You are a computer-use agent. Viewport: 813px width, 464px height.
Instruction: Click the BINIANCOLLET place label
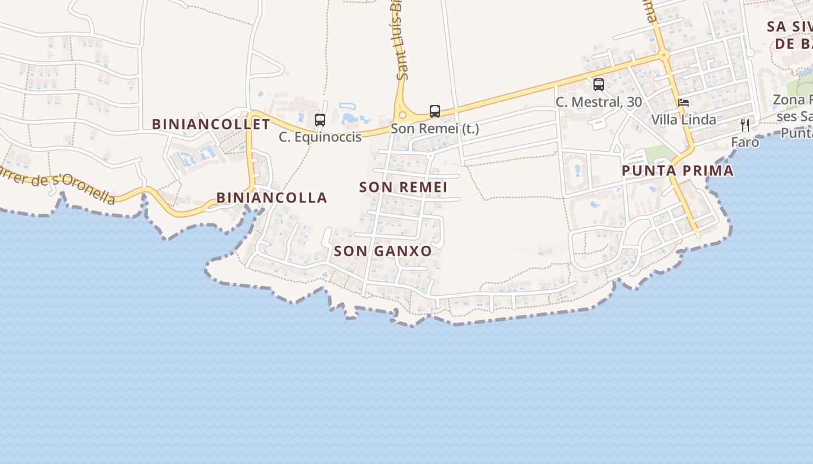click(211, 124)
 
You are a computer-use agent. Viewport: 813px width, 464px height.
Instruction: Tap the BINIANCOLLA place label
click(272, 198)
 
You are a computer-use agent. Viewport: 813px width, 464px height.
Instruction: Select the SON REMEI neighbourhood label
click(403, 187)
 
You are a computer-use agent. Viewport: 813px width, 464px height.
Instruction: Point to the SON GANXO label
click(383, 251)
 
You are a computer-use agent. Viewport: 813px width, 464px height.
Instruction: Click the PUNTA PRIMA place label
click(678, 171)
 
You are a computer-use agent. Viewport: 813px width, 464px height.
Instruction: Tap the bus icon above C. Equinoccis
click(319, 120)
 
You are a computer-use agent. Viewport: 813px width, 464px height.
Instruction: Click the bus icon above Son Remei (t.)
click(434, 111)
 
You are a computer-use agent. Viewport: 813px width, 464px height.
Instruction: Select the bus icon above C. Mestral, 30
click(599, 85)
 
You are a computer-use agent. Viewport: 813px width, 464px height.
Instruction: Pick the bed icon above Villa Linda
click(684, 103)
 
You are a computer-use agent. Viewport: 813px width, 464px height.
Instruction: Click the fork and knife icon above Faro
click(745, 125)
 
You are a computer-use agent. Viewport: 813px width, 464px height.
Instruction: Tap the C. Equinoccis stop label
click(320, 137)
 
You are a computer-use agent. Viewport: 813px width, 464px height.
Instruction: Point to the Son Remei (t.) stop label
click(434, 129)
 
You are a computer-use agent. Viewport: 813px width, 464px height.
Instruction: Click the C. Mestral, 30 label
click(599, 102)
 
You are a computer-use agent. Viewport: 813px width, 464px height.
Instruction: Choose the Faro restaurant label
click(745, 142)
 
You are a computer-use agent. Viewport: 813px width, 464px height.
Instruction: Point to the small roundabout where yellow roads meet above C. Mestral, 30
click(664, 56)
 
